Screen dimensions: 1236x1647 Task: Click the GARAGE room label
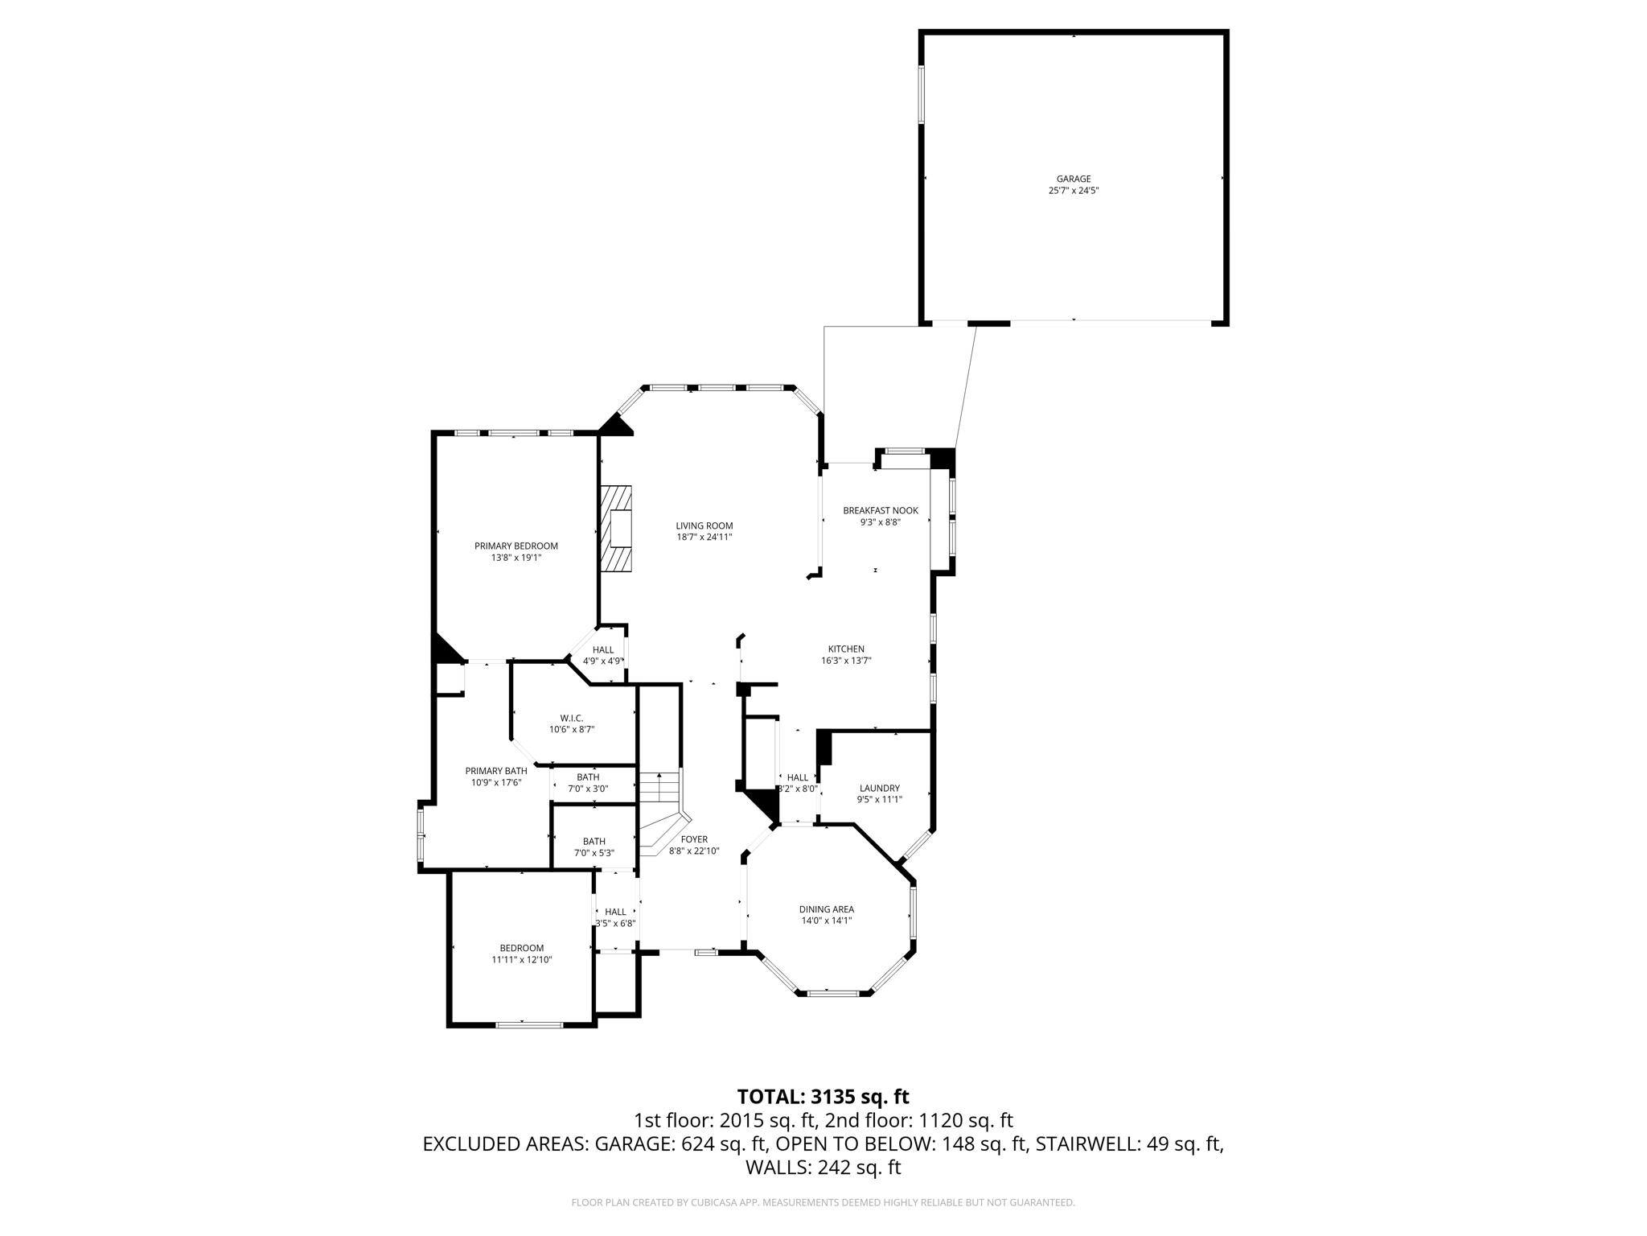coord(1073,179)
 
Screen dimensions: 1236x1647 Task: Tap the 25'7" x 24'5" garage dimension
coord(1073,191)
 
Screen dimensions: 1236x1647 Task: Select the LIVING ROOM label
coord(704,525)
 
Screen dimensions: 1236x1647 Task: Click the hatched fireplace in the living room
coord(616,529)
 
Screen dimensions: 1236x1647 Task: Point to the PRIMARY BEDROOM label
coord(515,546)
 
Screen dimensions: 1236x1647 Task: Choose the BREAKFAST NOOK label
coord(880,510)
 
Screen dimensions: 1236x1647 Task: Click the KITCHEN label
coord(846,649)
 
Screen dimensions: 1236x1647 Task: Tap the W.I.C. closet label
coord(571,718)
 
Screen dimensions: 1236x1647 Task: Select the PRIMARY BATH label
coord(495,770)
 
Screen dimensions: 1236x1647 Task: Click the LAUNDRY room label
coord(879,788)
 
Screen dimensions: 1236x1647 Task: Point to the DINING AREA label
coord(826,908)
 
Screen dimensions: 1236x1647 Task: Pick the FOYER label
coord(693,838)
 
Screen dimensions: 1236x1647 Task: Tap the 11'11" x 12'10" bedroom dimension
coord(521,959)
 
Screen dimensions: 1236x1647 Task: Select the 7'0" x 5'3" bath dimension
coord(593,853)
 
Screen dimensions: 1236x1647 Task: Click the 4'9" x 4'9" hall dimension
coord(602,661)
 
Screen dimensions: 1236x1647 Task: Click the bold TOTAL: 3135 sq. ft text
coord(823,1096)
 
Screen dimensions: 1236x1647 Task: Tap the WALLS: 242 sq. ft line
coord(823,1168)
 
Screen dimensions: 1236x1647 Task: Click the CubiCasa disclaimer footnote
coord(823,1202)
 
